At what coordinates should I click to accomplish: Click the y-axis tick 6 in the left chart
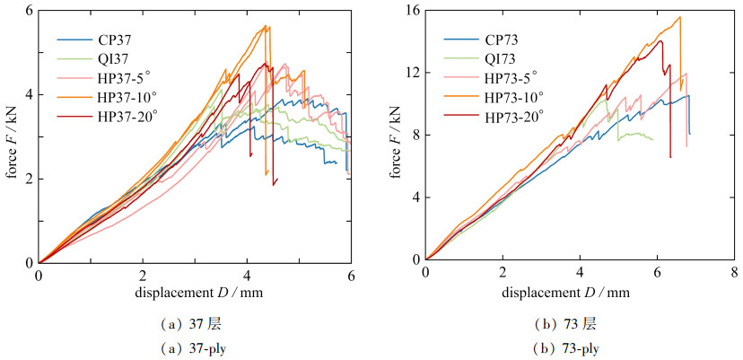tap(29, 11)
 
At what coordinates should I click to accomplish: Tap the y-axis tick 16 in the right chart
tap(412, 11)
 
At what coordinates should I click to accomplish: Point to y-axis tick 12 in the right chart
tap(412, 73)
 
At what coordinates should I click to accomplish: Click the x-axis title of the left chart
tap(194, 294)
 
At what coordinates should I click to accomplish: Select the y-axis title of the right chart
tap(398, 135)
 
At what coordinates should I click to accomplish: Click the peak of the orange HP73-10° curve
tap(679, 17)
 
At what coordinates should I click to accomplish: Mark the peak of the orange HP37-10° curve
tap(267, 26)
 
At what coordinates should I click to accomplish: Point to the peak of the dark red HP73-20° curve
tap(661, 40)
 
